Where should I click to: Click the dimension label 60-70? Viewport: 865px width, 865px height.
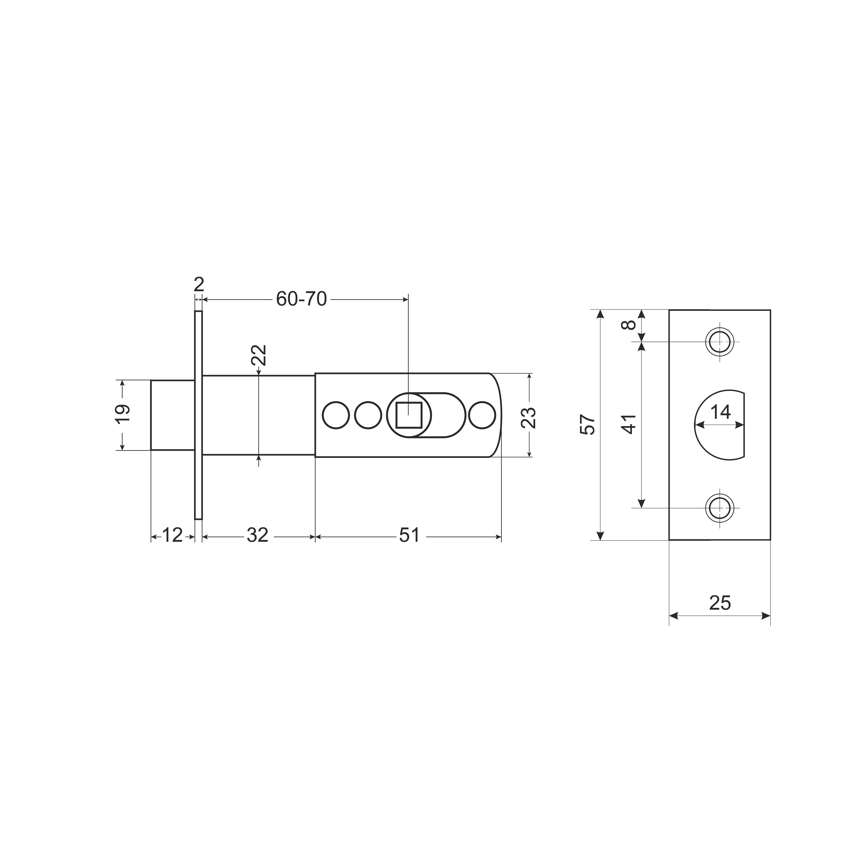(301, 299)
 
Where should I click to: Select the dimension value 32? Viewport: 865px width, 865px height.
(257, 535)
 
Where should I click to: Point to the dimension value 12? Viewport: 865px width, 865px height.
(172, 535)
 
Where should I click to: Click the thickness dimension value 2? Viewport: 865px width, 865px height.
(199, 284)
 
